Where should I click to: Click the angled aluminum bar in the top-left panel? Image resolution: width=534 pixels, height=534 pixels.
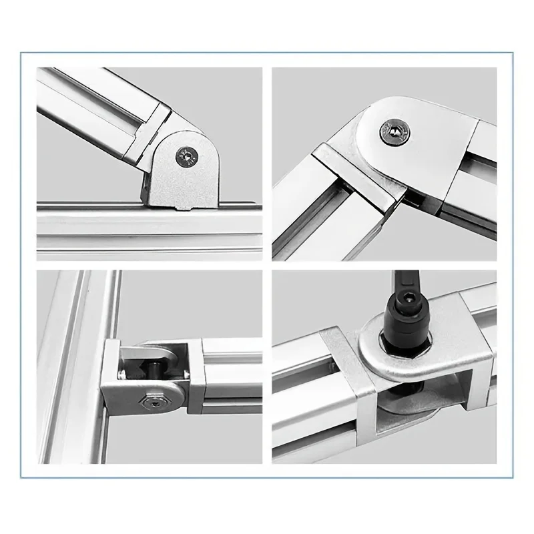pos(93,100)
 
